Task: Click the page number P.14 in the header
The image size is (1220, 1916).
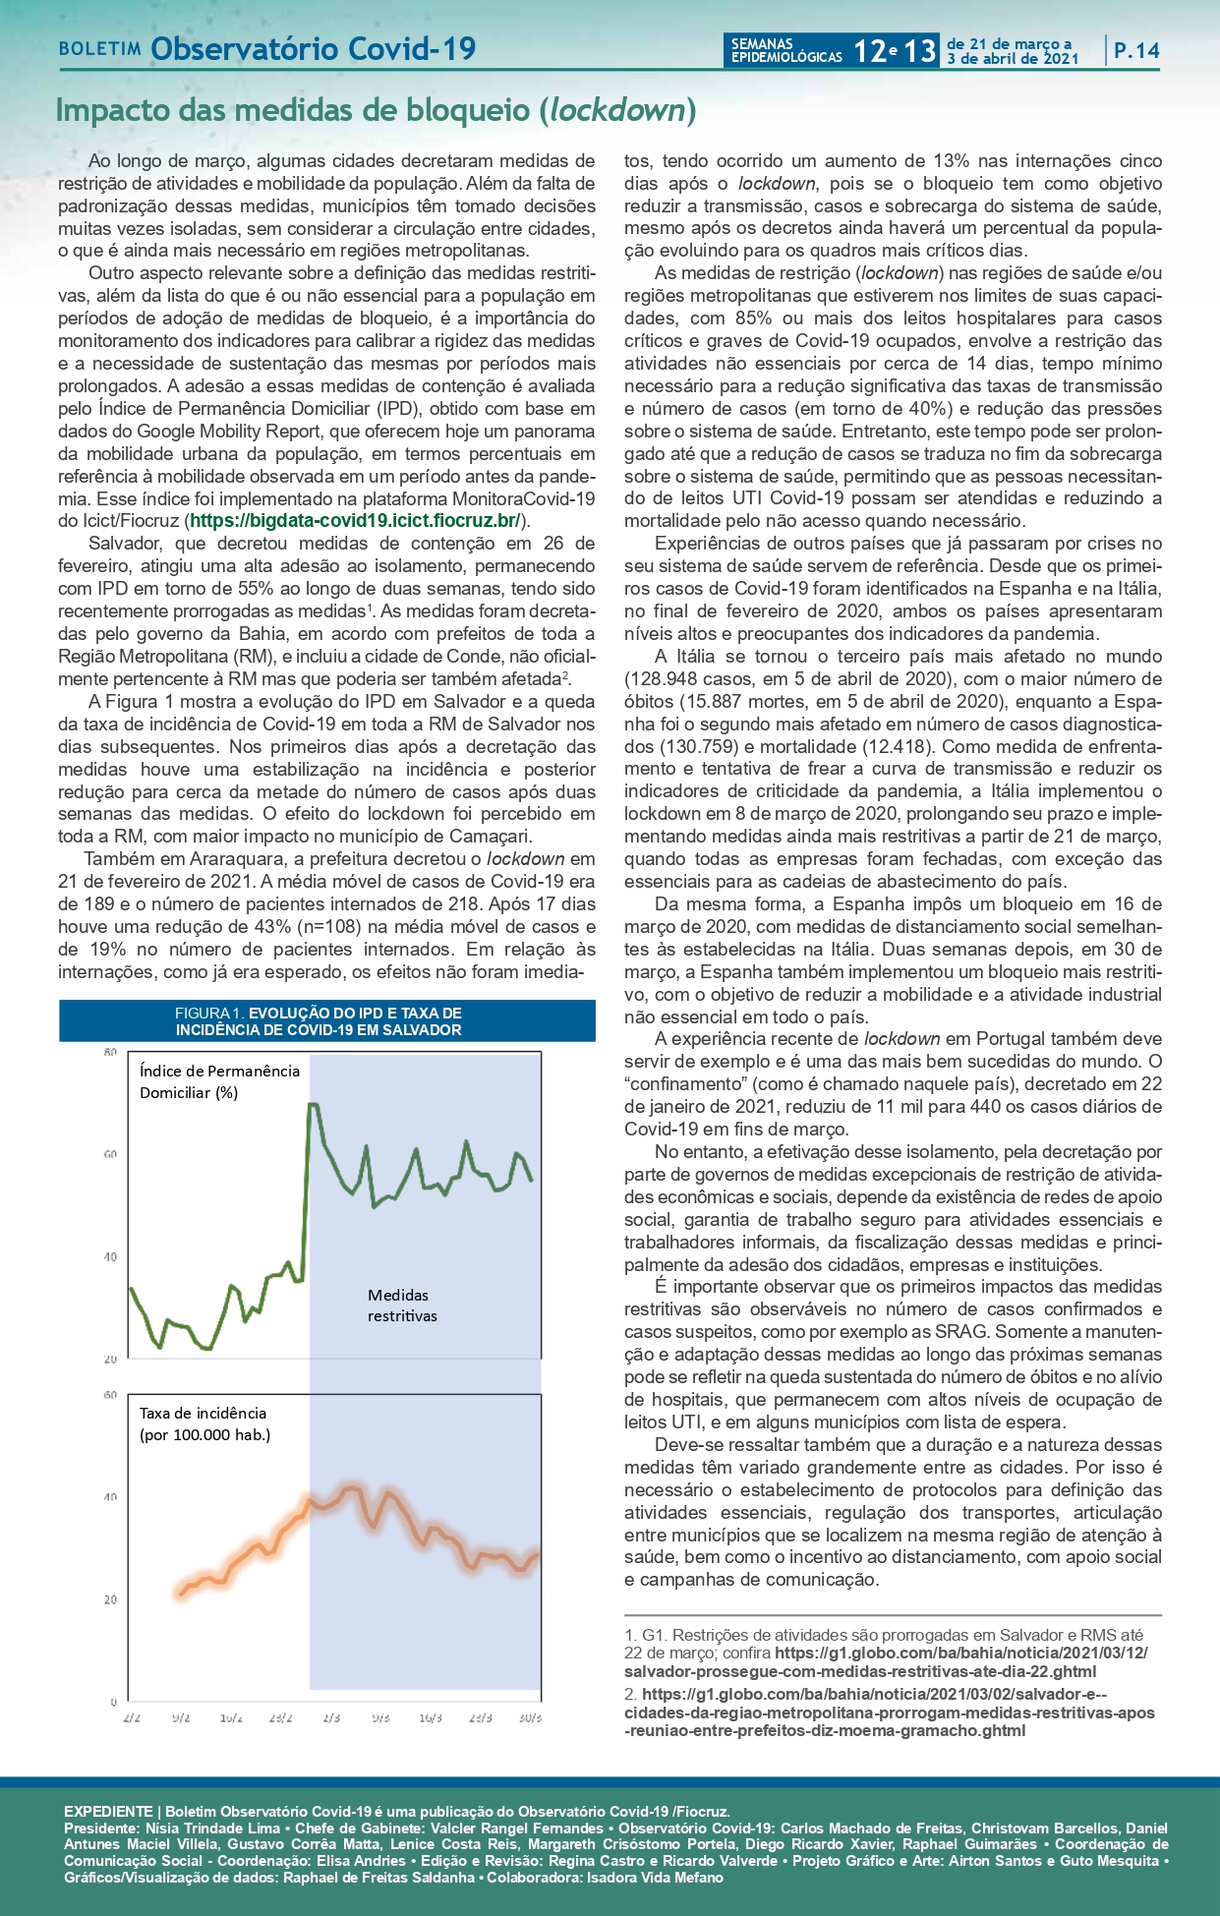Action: pyautogui.click(x=1136, y=51)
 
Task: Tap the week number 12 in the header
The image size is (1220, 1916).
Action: pyautogui.click(x=869, y=51)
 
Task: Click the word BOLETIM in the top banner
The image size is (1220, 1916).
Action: pyautogui.click(x=100, y=49)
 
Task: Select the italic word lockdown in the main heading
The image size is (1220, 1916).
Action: pyautogui.click(x=616, y=110)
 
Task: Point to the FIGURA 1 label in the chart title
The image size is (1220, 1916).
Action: pyautogui.click(x=208, y=1013)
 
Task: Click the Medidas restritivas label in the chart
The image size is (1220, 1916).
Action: pyautogui.click(x=402, y=1306)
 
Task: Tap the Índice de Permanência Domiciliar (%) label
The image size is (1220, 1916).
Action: pyautogui.click(x=219, y=1081)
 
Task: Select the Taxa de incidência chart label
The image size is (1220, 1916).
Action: pyautogui.click(x=204, y=1423)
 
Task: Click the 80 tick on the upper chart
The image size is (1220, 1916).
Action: pyautogui.click(x=109, y=1052)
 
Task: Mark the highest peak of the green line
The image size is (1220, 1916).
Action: pyautogui.click(x=313, y=1104)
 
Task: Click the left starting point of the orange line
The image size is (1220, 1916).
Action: pyautogui.click(x=180, y=1594)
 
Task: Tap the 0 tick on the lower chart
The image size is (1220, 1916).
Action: pyautogui.click(x=113, y=1701)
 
